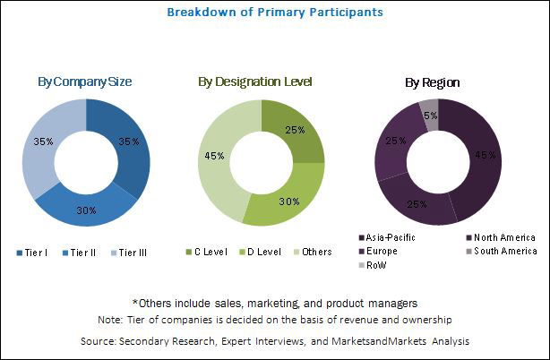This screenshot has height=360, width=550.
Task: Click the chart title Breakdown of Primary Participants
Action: tap(275, 13)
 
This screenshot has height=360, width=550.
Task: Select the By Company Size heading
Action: tap(85, 81)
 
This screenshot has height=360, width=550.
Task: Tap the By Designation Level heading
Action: tap(255, 81)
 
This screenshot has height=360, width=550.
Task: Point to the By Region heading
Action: tap(432, 81)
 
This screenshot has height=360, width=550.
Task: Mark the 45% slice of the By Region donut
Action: tap(484, 157)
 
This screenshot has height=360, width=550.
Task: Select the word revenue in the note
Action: tap(357, 320)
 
